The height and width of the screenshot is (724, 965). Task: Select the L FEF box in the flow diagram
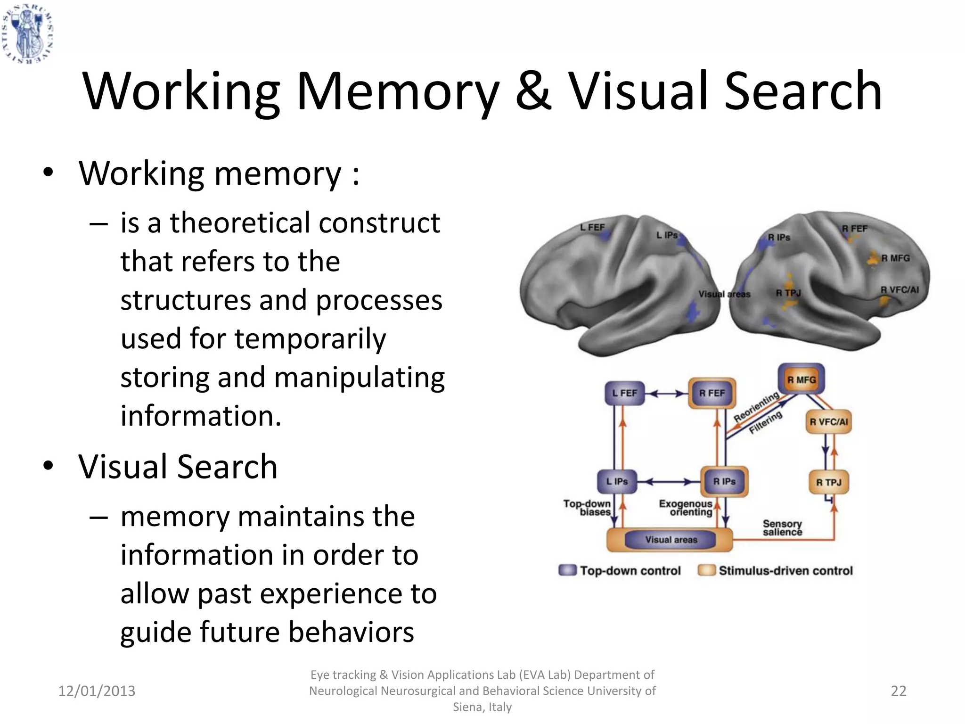pyautogui.click(x=624, y=393)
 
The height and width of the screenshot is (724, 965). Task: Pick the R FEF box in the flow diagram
pyautogui.click(x=712, y=393)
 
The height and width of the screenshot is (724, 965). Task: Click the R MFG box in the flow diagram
pyautogui.click(x=801, y=379)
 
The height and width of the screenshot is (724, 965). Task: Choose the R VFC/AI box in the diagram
pyautogui.click(x=828, y=422)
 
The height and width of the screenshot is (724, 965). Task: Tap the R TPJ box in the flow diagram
pyautogui.click(x=829, y=482)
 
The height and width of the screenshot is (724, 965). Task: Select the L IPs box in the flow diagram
pyautogui.click(x=617, y=481)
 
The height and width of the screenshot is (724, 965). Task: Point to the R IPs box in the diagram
pyautogui.click(x=724, y=481)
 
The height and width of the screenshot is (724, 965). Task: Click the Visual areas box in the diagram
pyautogui.click(x=671, y=540)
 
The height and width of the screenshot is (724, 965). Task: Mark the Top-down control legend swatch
pyautogui.click(x=567, y=570)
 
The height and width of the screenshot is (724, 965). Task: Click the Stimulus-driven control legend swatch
pyautogui.click(x=707, y=570)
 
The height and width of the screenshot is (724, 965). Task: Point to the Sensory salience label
pyautogui.click(x=782, y=528)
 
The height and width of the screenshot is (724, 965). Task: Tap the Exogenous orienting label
pyautogui.click(x=686, y=508)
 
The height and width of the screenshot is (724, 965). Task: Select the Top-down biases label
pyautogui.click(x=588, y=508)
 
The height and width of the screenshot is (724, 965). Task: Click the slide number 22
pyautogui.click(x=899, y=691)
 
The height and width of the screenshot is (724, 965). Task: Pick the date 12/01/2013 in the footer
pyautogui.click(x=97, y=691)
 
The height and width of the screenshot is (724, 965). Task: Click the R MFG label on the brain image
pyautogui.click(x=895, y=258)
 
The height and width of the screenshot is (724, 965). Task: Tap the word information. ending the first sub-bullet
pyautogui.click(x=201, y=416)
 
